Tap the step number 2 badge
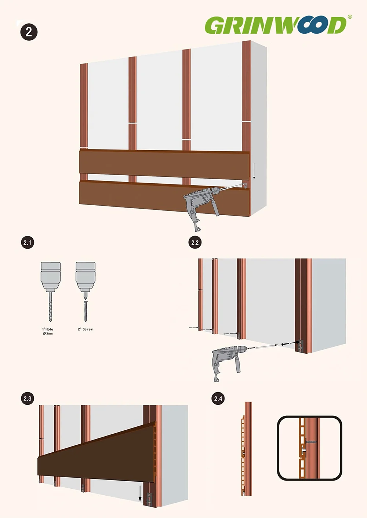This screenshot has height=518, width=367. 29,32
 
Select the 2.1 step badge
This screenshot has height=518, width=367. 28,243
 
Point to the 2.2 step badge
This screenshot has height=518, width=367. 195,243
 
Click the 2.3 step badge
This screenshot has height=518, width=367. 28,398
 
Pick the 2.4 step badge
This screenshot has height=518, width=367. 218,398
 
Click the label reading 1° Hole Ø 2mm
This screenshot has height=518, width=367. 48,331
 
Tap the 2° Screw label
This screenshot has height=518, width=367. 85,329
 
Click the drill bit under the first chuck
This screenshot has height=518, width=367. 51,306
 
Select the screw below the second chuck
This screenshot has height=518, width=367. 86,312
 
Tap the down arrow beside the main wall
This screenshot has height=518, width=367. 254,171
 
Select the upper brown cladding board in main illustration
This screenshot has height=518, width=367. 164,164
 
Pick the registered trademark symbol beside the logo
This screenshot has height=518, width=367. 350,16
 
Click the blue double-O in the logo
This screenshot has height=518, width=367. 313,25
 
